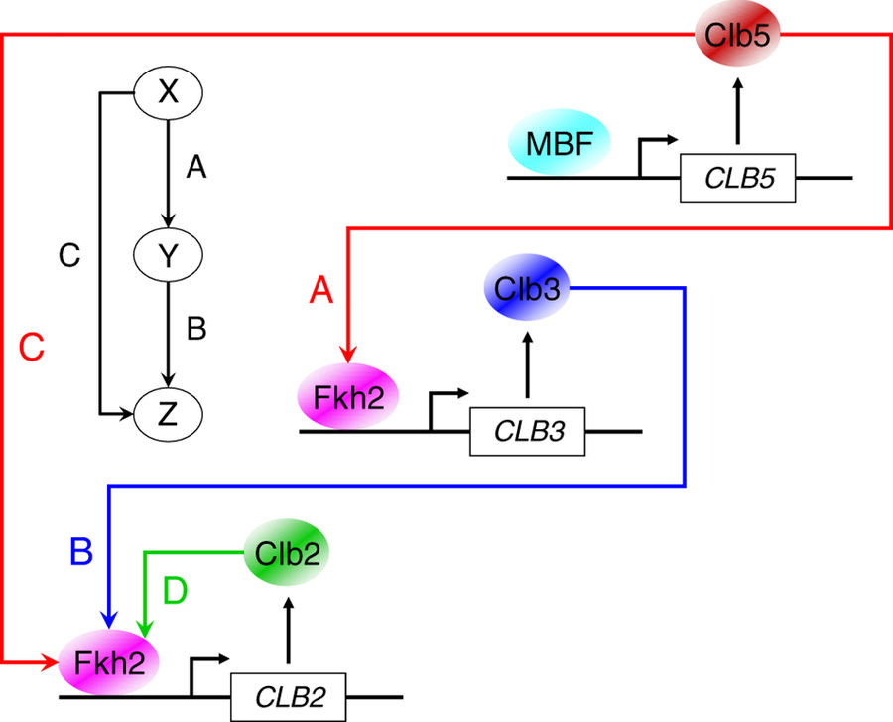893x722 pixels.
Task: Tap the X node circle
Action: pyautogui.click(x=168, y=94)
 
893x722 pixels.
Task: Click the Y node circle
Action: pyautogui.click(x=168, y=256)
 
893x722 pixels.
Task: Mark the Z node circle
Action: pyautogui.click(x=168, y=410)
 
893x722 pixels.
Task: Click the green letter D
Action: pyautogui.click(x=175, y=591)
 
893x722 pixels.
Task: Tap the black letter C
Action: pyautogui.click(x=68, y=256)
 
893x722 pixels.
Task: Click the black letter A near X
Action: pyautogui.click(x=195, y=170)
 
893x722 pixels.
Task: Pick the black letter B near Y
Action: pyautogui.click(x=196, y=329)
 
